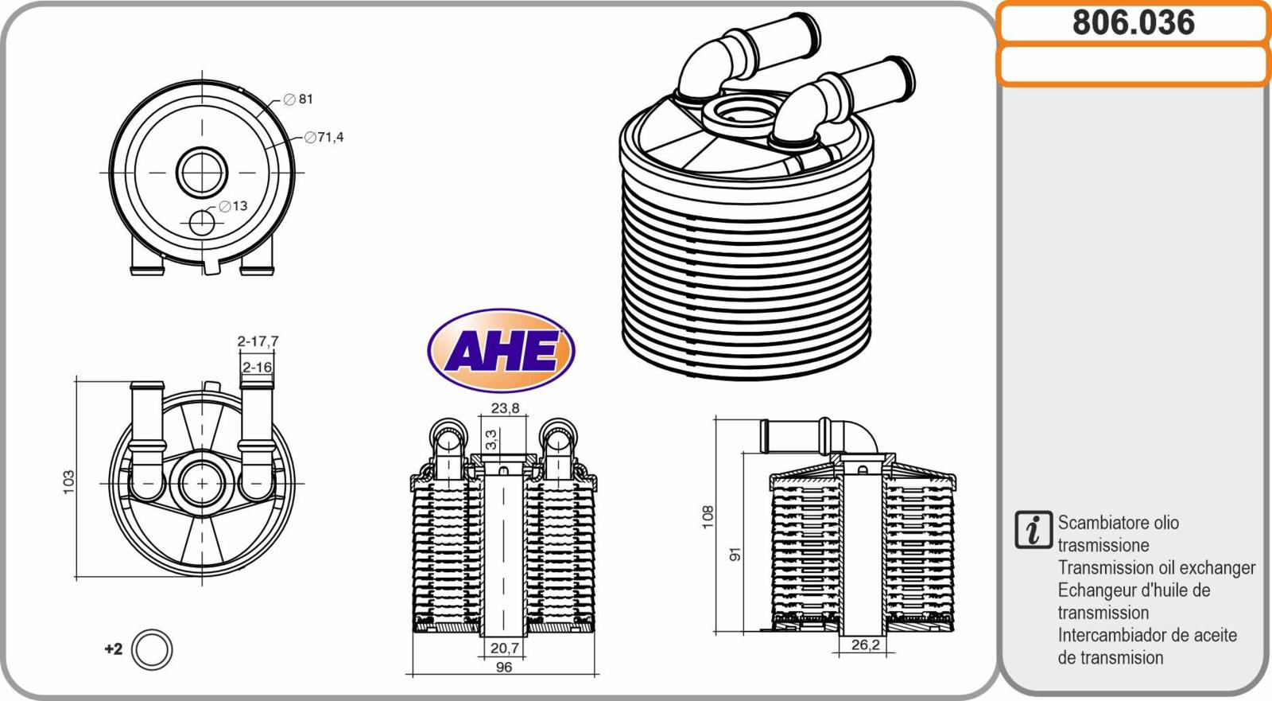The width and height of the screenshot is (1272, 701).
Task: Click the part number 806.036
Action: click(1134, 23)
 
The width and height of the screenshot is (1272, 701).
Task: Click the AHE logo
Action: click(501, 350)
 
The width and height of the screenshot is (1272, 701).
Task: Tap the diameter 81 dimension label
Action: click(298, 99)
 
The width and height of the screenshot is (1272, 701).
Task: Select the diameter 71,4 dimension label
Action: click(324, 137)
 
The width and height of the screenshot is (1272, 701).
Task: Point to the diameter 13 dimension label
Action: click(234, 206)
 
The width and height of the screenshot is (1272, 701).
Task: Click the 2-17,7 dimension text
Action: click(258, 341)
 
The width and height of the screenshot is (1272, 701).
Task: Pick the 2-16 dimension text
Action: click(258, 368)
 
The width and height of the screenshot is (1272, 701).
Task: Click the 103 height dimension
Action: click(68, 482)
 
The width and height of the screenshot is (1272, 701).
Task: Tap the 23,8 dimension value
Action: click(505, 408)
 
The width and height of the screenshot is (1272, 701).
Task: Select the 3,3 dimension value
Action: click(492, 439)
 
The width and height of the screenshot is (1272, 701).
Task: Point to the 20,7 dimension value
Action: click(505, 648)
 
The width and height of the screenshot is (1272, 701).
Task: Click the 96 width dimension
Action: click(504, 667)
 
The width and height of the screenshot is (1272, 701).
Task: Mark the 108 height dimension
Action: click(708, 517)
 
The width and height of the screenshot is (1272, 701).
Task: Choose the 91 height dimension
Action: click(735, 554)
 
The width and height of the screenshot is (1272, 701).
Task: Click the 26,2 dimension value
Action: click(866, 645)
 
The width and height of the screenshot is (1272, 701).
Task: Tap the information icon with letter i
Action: click(1033, 530)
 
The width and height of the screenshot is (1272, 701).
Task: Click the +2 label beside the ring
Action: click(114, 649)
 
